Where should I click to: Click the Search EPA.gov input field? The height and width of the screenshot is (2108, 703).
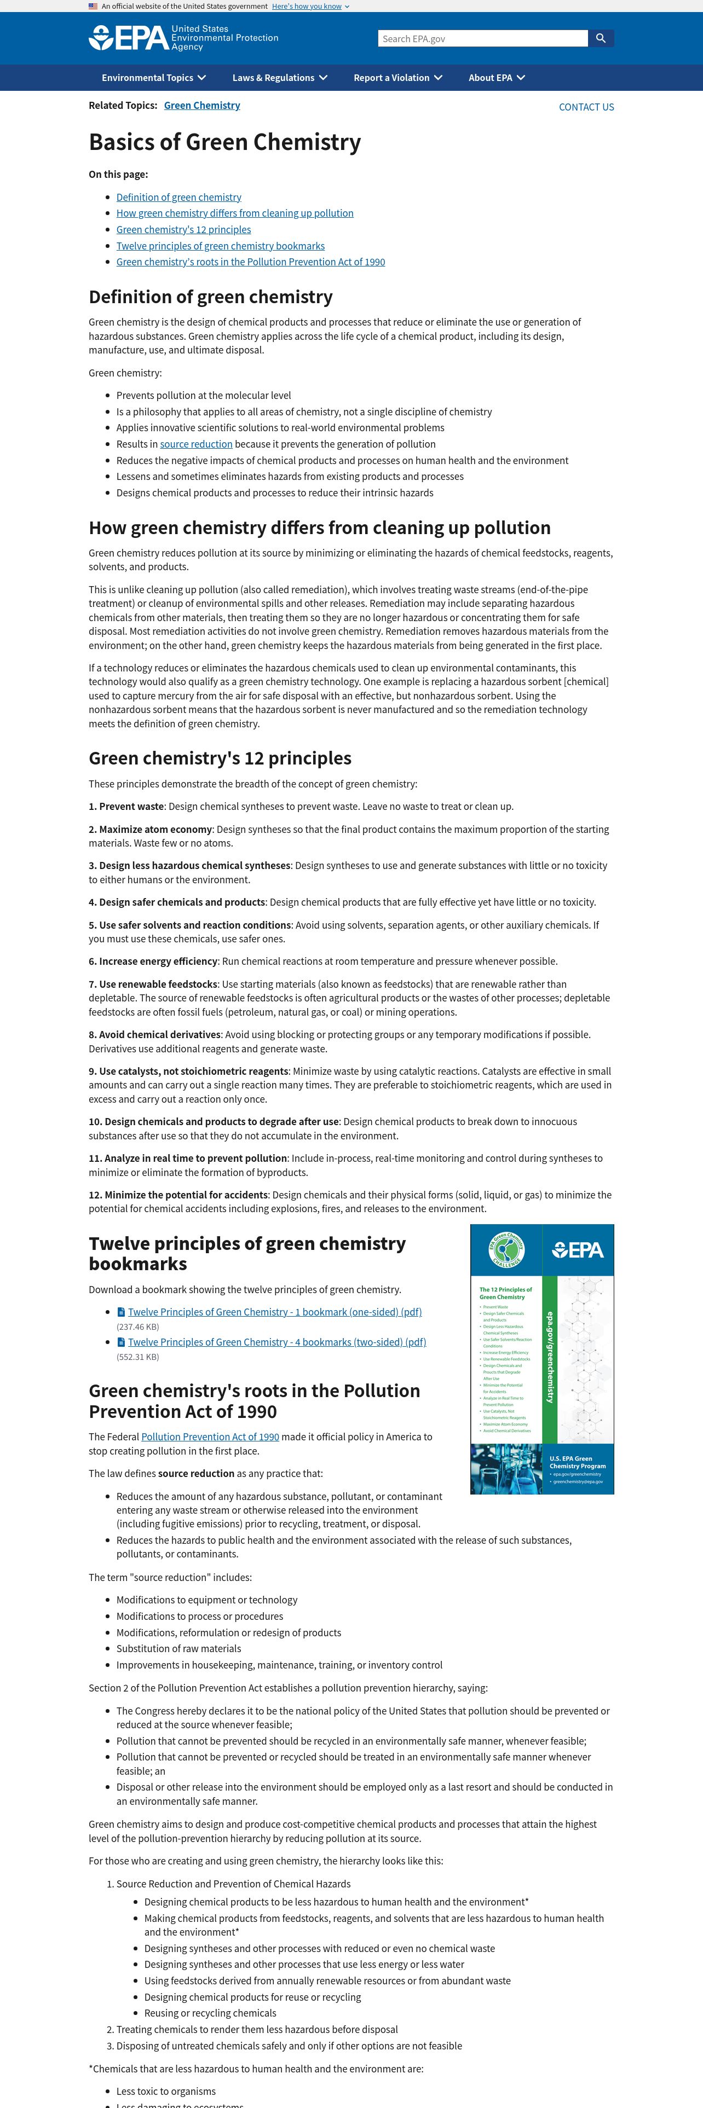click(482, 38)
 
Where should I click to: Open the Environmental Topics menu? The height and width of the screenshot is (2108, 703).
click(154, 78)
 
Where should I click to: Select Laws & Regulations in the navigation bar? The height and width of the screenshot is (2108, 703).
click(280, 78)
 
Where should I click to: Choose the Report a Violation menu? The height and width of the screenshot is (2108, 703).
click(397, 78)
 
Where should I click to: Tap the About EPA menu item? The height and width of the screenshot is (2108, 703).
click(497, 78)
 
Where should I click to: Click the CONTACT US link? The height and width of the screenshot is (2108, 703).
click(586, 107)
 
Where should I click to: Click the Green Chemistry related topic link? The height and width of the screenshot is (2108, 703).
click(202, 106)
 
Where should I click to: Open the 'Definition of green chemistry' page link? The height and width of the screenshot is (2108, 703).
click(178, 197)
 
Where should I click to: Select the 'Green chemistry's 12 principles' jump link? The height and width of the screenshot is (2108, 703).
click(183, 230)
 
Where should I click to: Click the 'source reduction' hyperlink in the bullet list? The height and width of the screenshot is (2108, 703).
click(197, 444)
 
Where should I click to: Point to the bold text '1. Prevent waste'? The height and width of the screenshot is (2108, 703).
click(126, 807)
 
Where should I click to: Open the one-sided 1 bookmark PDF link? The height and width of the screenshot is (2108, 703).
click(274, 1313)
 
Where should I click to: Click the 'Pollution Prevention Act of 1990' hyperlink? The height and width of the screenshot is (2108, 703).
click(210, 1437)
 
